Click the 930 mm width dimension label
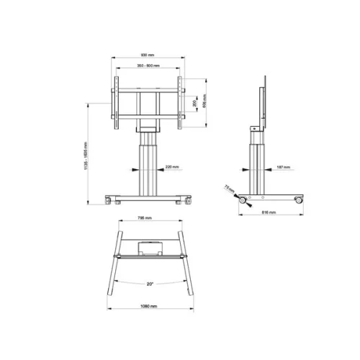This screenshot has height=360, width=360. point(148,55)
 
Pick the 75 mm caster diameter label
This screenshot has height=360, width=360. point(229,188)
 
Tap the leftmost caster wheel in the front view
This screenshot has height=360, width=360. point(111,202)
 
